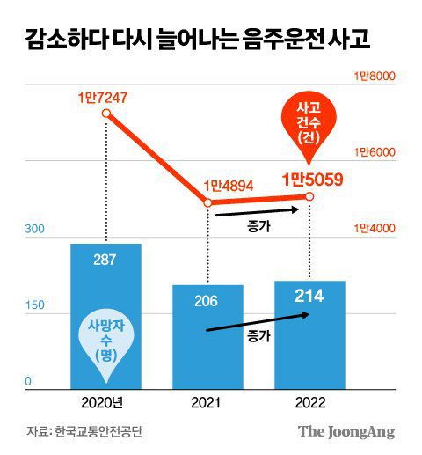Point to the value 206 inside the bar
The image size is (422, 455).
click(x=207, y=300)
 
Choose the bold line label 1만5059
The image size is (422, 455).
click(x=311, y=180)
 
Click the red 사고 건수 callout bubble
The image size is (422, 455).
click(x=308, y=123)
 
